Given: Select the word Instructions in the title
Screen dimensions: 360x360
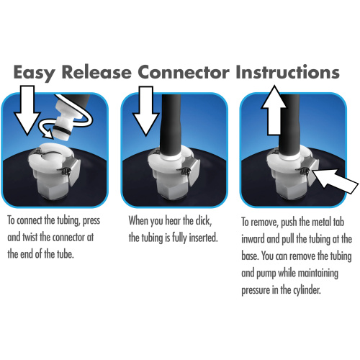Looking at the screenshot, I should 288,73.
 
